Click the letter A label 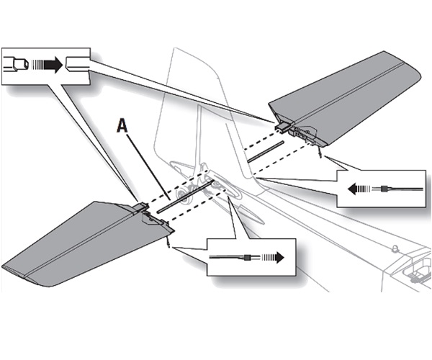(x=123, y=127)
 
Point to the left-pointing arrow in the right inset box (x=359, y=189)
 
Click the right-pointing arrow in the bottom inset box (x=271, y=257)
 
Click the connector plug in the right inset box (x=387, y=189)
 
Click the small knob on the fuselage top (x=394, y=248)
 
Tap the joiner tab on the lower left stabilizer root (x=143, y=209)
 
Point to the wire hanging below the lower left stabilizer (x=168, y=240)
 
